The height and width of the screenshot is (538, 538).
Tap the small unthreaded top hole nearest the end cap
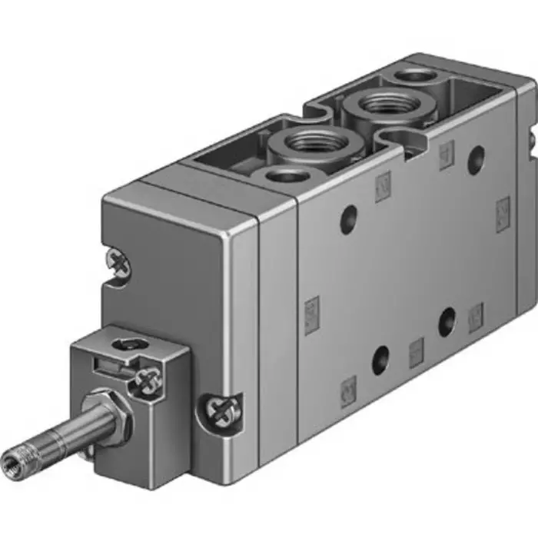[285, 176]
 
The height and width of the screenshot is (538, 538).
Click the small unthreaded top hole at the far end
[416, 75]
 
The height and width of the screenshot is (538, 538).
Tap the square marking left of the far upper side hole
[446, 156]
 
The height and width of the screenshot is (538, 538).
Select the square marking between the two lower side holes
[417, 350]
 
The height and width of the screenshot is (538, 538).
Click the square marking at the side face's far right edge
[503, 208]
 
